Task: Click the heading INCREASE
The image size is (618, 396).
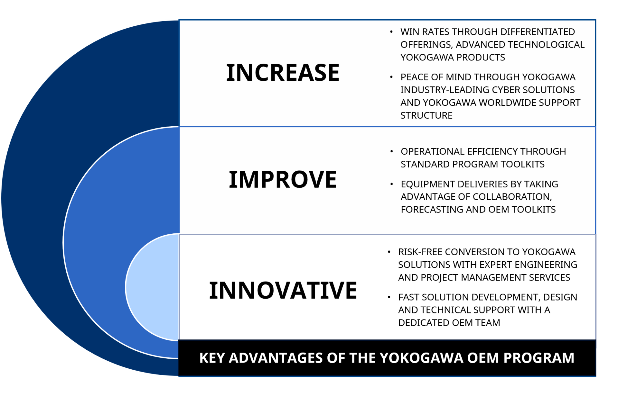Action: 283,73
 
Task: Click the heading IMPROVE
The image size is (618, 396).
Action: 283,179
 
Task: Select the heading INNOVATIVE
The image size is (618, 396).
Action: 283,290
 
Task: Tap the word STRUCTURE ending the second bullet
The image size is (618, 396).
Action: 426,115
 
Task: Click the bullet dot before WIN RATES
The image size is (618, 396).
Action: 391,32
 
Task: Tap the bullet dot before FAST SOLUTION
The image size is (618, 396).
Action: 389,297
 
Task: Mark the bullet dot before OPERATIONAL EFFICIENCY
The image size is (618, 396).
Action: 391,151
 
